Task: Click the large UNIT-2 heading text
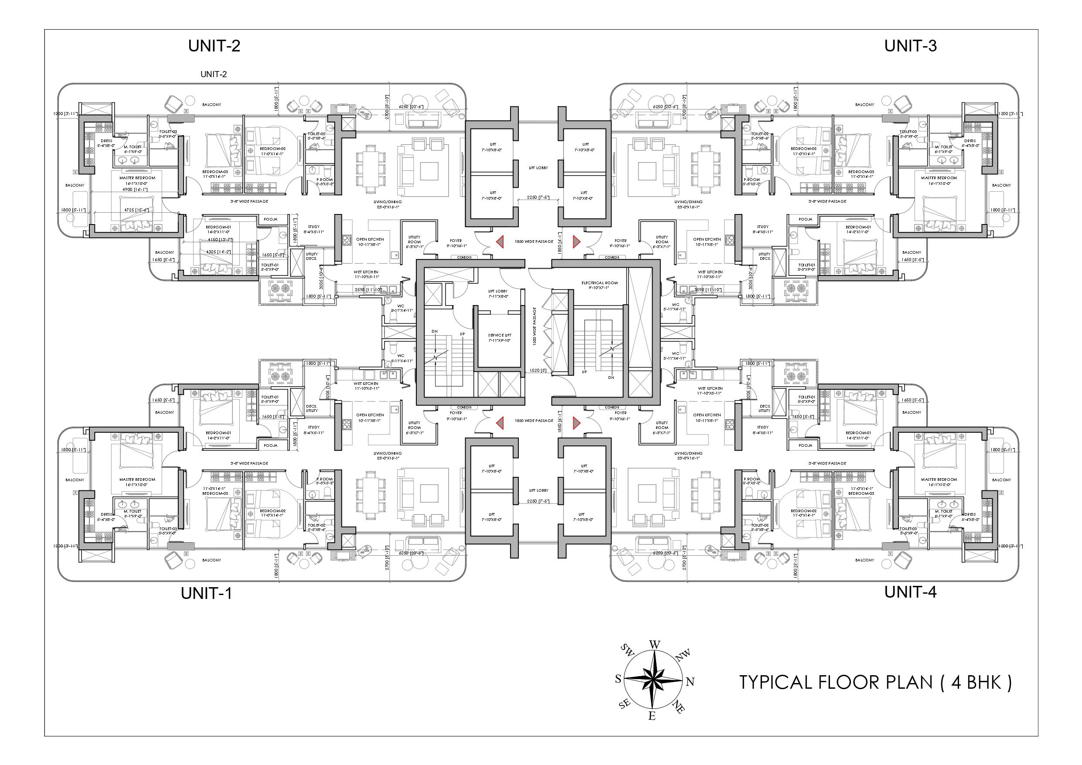click(x=214, y=46)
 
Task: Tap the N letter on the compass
click(x=691, y=682)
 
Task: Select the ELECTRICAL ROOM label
click(x=599, y=283)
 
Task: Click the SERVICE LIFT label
click(x=500, y=335)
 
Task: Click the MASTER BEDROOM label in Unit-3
click(x=939, y=178)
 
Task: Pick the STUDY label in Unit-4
click(x=762, y=427)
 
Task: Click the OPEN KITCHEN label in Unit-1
click(x=370, y=415)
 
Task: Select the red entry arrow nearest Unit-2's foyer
click(x=500, y=242)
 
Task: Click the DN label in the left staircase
click(x=435, y=331)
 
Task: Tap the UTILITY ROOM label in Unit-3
click(x=662, y=239)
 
